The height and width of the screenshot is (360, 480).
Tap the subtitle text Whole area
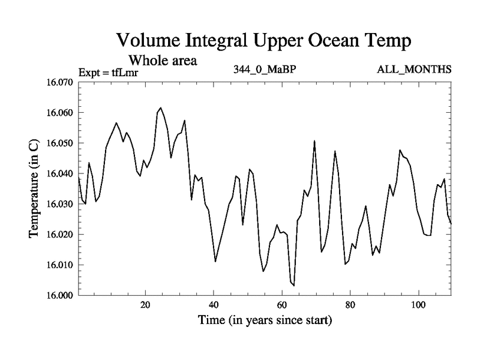(163, 61)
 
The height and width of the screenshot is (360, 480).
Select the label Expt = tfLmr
(108, 73)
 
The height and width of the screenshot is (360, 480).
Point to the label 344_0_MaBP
(265, 69)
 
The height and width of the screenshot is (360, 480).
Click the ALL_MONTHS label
(414, 69)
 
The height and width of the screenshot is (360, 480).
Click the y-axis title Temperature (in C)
(34, 188)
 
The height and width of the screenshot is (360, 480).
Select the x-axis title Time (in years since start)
(265, 320)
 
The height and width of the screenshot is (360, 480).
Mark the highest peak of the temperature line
(160, 108)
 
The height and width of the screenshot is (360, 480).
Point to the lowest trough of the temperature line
(293, 286)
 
